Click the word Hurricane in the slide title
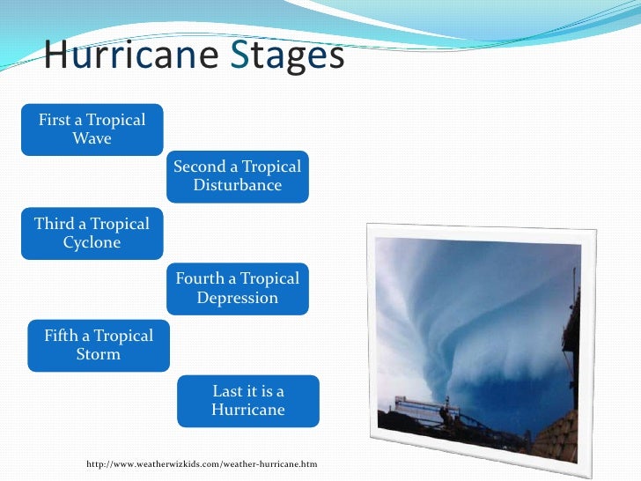click(x=130, y=55)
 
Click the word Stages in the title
click(x=287, y=55)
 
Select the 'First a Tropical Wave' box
click(x=92, y=129)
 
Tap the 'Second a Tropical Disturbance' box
click(x=238, y=176)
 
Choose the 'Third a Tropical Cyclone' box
click(x=92, y=233)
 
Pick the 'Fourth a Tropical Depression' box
click(x=238, y=288)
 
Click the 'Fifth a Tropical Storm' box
click(x=99, y=344)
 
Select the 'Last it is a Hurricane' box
click(x=248, y=401)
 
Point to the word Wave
click(x=92, y=139)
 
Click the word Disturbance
click(x=238, y=186)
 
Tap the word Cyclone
click(x=92, y=243)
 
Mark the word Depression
click(x=238, y=299)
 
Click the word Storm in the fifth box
click(x=99, y=355)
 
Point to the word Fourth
click(x=201, y=279)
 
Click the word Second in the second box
click(x=201, y=166)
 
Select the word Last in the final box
click(x=228, y=391)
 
